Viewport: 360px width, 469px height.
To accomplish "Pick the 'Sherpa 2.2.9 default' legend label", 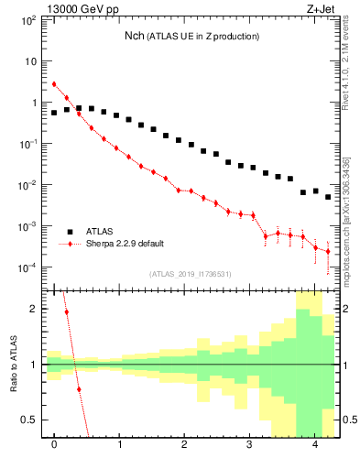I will (x=129, y=245).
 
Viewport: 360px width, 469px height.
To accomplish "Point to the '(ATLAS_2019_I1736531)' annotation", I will (x=191, y=273).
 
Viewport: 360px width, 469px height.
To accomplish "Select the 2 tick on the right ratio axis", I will (x=347, y=309).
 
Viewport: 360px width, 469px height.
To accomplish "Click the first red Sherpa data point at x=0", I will (x=54, y=84).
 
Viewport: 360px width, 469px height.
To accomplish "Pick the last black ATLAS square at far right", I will (x=328, y=197).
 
